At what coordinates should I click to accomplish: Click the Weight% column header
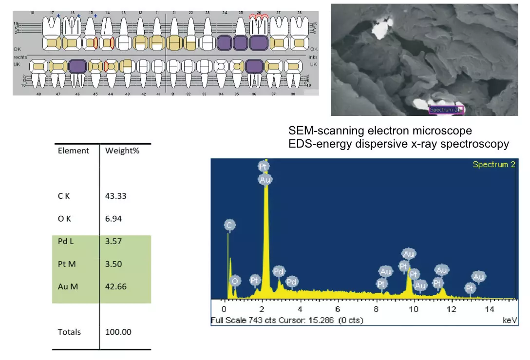(x=122, y=151)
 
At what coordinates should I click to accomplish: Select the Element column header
(x=74, y=151)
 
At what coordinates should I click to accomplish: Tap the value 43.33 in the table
(x=116, y=196)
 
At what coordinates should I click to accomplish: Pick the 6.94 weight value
(x=114, y=219)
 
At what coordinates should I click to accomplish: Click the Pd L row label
(x=66, y=241)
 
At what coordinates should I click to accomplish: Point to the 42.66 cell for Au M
(x=116, y=286)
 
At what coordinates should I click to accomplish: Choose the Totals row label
(x=69, y=332)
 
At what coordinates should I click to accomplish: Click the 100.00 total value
(x=118, y=332)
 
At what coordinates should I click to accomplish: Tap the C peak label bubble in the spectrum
(x=230, y=225)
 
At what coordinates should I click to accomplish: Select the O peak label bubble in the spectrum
(x=235, y=281)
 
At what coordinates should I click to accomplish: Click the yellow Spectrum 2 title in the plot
(x=493, y=165)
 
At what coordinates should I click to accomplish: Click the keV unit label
(x=509, y=321)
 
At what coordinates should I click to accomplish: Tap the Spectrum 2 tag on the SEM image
(x=444, y=110)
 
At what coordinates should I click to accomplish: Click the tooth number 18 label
(x=32, y=13)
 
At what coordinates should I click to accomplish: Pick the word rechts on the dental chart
(x=20, y=57)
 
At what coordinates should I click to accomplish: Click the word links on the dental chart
(x=312, y=57)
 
